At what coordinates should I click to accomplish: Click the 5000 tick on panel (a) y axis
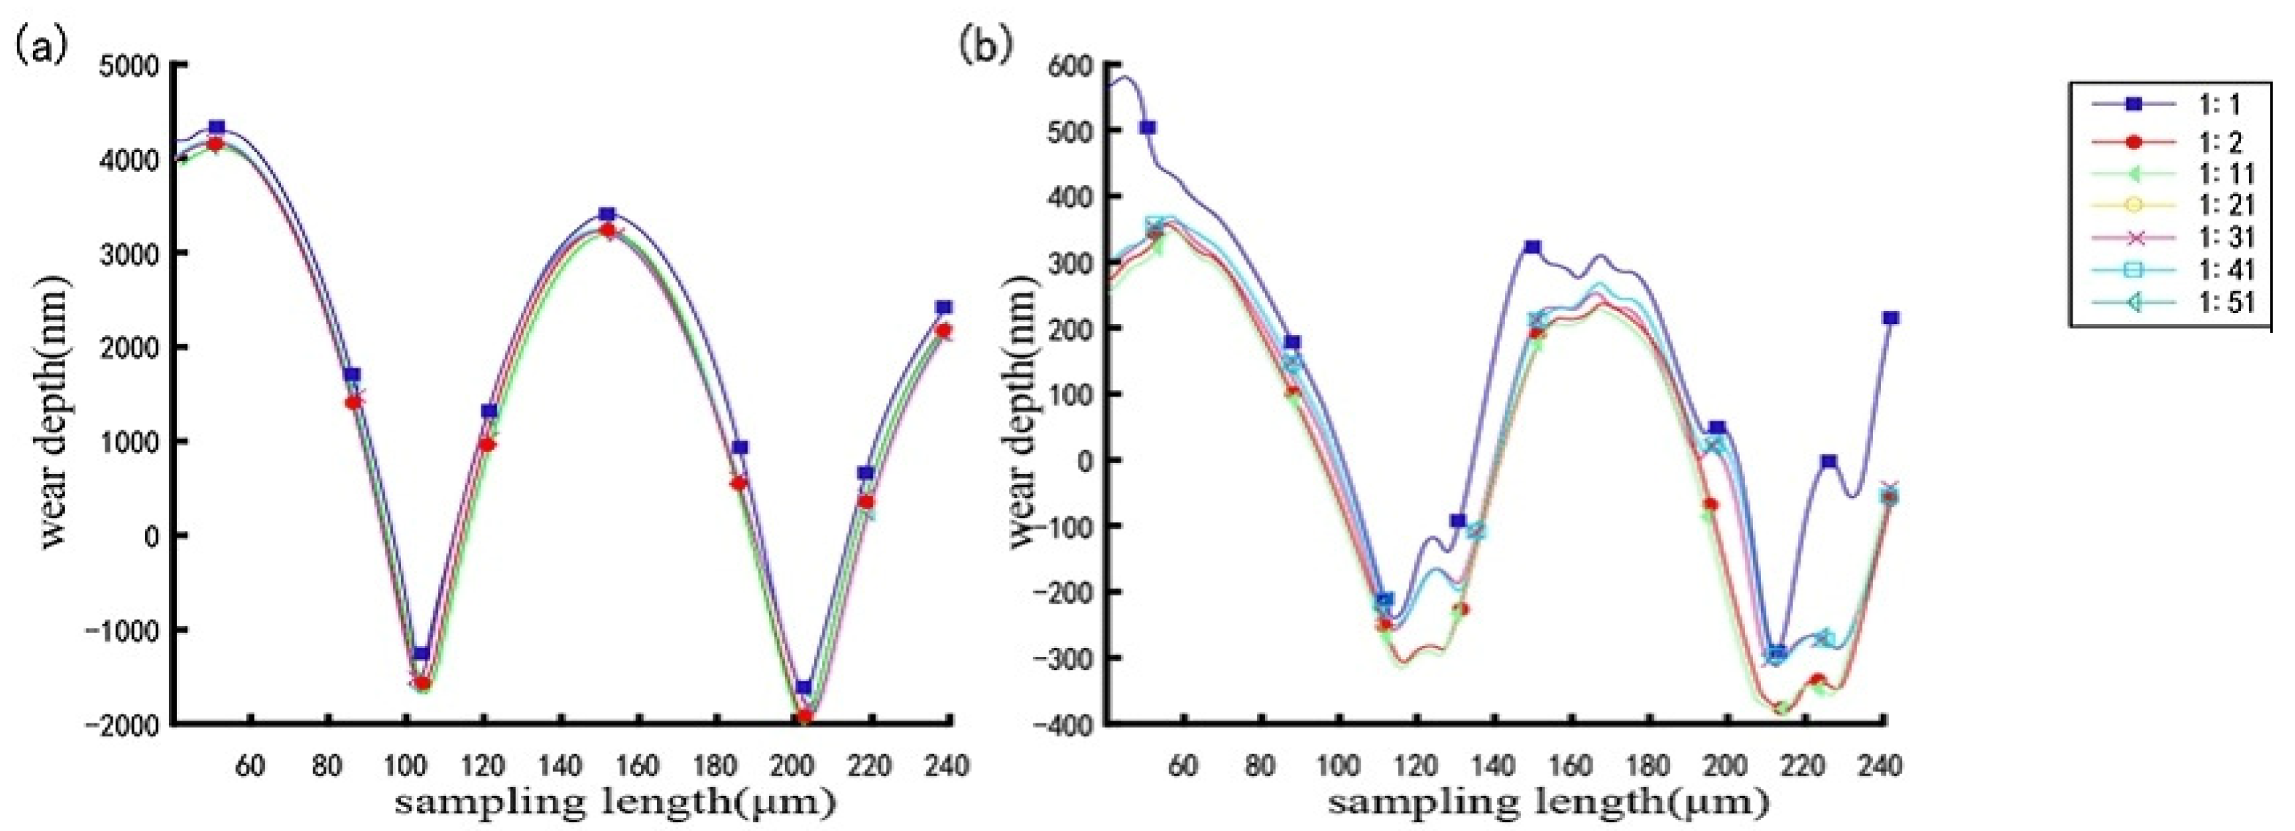[x=134, y=65]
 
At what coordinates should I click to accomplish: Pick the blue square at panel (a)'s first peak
[x=217, y=127]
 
